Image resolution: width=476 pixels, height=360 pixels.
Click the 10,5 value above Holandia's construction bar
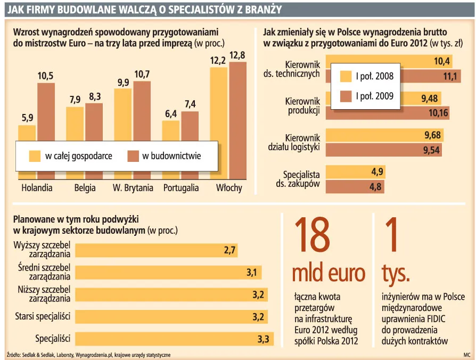point(45,76)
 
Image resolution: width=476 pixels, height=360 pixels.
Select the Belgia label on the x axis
point(85,187)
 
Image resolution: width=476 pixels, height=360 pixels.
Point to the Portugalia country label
point(181,187)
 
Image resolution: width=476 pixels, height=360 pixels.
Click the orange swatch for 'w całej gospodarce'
point(35,156)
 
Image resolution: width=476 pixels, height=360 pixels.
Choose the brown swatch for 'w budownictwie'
point(133,156)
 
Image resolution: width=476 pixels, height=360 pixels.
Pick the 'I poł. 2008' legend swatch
point(346,76)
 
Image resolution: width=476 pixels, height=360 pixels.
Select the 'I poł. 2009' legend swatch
point(346,96)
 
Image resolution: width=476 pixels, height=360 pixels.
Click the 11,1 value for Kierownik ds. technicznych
point(450,77)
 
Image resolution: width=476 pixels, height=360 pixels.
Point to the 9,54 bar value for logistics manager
point(432,150)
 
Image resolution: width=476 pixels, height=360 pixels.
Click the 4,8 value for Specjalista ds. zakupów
point(376,187)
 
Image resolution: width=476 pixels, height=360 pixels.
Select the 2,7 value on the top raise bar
point(229,250)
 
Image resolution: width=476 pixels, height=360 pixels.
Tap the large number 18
point(312,235)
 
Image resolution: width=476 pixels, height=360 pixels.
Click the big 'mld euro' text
point(329,273)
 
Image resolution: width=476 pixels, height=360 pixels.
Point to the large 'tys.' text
point(395,273)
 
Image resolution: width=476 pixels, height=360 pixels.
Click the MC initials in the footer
point(466,354)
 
